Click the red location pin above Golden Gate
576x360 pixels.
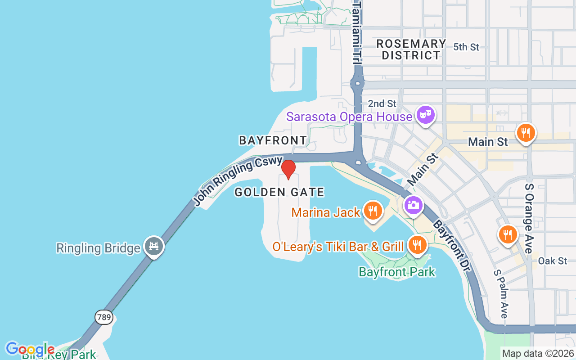tap(288, 169)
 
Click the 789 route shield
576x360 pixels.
tap(103, 317)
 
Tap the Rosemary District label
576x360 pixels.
tap(410, 49)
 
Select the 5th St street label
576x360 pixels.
tap(466, 47)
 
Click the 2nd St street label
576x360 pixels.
tap(382, 103)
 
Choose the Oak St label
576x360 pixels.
tap(553, 261)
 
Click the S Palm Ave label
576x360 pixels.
tap(500, 294)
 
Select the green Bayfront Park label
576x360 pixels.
tap(397, 272)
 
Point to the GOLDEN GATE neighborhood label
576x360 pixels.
tap(279, 193)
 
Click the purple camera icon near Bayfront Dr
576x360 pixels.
tap(413, 205)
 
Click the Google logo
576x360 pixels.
tap(30, 349)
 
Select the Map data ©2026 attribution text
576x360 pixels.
tap(538, 354)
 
